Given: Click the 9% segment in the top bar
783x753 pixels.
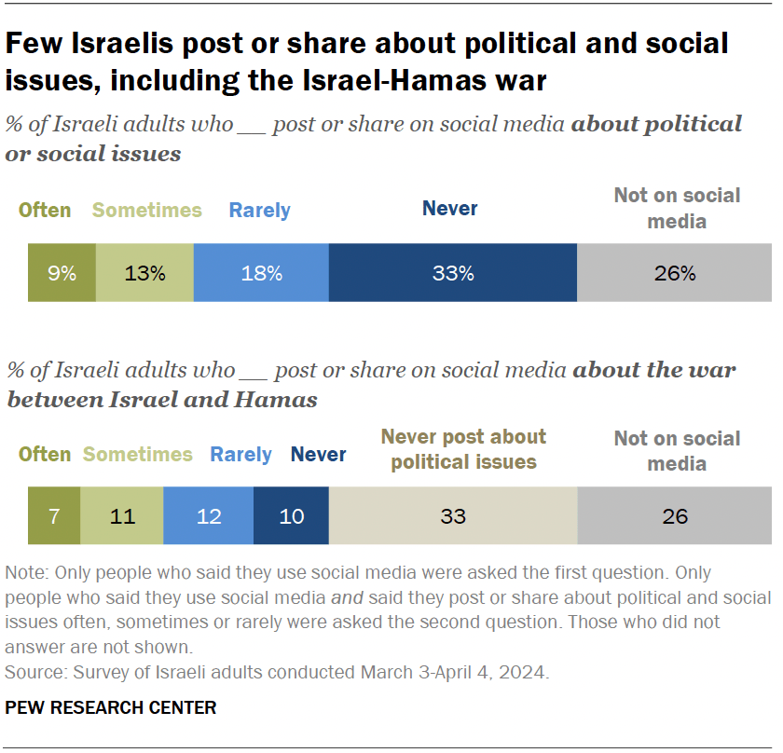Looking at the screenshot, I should (62, 273).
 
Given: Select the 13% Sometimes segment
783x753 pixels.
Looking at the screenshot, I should (144, 273).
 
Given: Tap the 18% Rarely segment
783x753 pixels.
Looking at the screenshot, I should (261, 273).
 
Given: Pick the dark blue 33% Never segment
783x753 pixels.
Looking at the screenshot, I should (453, 273).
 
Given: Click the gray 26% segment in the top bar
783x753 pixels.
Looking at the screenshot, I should (674, 273).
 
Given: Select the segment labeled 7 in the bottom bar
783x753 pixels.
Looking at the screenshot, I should (54, 515).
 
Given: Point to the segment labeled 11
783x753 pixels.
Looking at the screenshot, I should (122, 515).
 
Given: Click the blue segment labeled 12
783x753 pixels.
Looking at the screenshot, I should (208, 515).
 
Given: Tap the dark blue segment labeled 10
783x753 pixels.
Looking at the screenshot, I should (291, 515).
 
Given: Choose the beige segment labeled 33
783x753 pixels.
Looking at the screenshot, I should (453, 515).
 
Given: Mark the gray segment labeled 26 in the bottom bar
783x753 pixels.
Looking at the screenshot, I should (674, 515).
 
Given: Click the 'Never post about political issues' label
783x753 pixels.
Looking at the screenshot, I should (463, 449).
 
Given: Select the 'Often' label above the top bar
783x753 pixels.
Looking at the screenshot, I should (45, 210).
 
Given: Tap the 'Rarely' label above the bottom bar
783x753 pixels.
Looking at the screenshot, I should (240, 455).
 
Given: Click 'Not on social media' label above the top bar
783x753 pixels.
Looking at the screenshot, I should (677, 208).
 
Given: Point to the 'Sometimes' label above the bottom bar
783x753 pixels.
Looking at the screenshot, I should (137, 455).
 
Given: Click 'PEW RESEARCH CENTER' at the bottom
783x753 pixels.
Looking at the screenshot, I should (111, 707).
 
